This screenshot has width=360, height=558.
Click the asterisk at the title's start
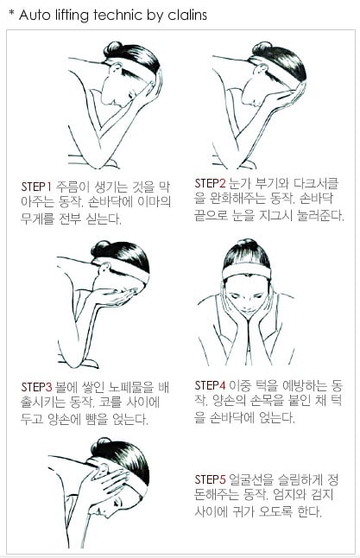(10, 15)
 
